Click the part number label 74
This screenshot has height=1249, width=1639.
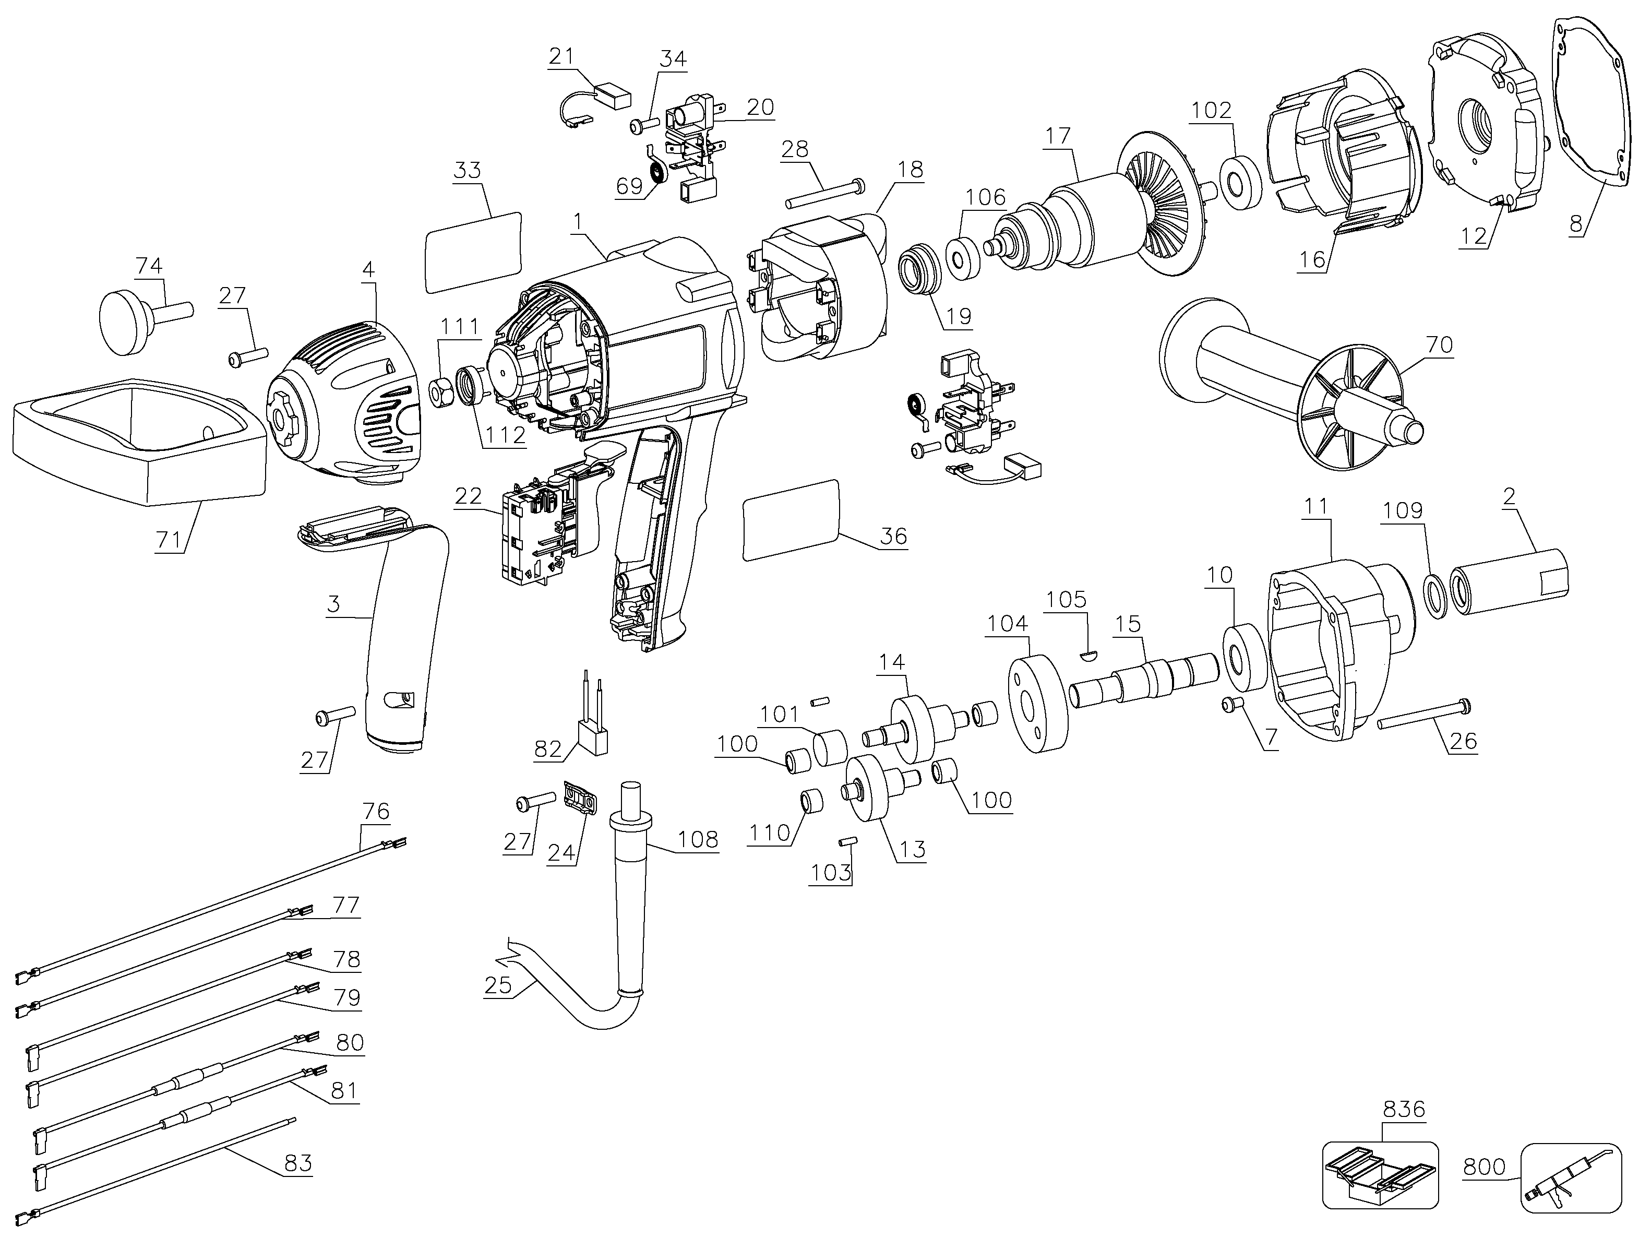pyautogui.click(x=149, y=266)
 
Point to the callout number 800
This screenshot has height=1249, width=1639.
pyautogui.click(x=1484, y=1167)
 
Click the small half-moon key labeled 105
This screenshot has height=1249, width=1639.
pyautogui.click(x=1087, y=655)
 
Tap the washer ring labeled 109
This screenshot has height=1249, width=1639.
pyautogui.click(x=1438, y=596)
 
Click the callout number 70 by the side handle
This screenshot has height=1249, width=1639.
pyautogui.click(x=1439, y=344)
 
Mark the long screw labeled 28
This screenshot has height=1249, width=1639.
pyautogui.click(x=823, y=192)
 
